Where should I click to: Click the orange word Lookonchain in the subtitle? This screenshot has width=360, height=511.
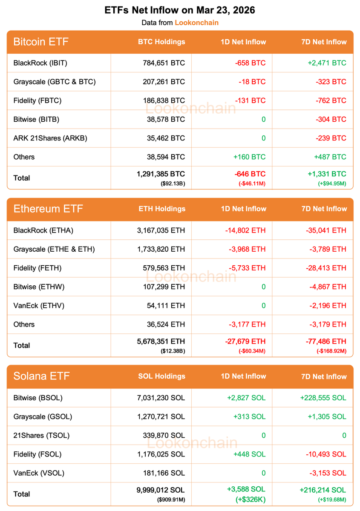coord(196,23)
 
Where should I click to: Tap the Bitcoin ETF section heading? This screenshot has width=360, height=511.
coord(41,42)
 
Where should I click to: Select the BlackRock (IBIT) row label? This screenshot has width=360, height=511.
coord(40,63)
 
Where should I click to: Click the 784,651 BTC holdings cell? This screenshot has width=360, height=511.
coord(164,63)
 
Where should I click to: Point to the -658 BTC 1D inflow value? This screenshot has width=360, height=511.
coord(250,63)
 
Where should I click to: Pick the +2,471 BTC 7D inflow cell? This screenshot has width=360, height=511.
coord(327,63)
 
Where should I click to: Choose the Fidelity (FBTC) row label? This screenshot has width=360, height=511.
coord(37,100)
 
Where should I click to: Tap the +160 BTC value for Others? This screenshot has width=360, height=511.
coord(249,157)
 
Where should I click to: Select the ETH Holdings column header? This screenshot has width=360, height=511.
coord(162,209)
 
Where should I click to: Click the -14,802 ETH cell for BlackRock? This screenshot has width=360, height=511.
coord(245,230)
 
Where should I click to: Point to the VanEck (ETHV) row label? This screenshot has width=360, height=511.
coord(39,305)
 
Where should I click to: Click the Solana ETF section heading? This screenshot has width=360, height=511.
coord(41,376)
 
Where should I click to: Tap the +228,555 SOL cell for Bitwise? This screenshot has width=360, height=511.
coord(323,398)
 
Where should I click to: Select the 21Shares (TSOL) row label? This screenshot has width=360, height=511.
coord(41,435)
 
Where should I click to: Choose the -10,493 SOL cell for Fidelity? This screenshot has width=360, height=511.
coord(326,454)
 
